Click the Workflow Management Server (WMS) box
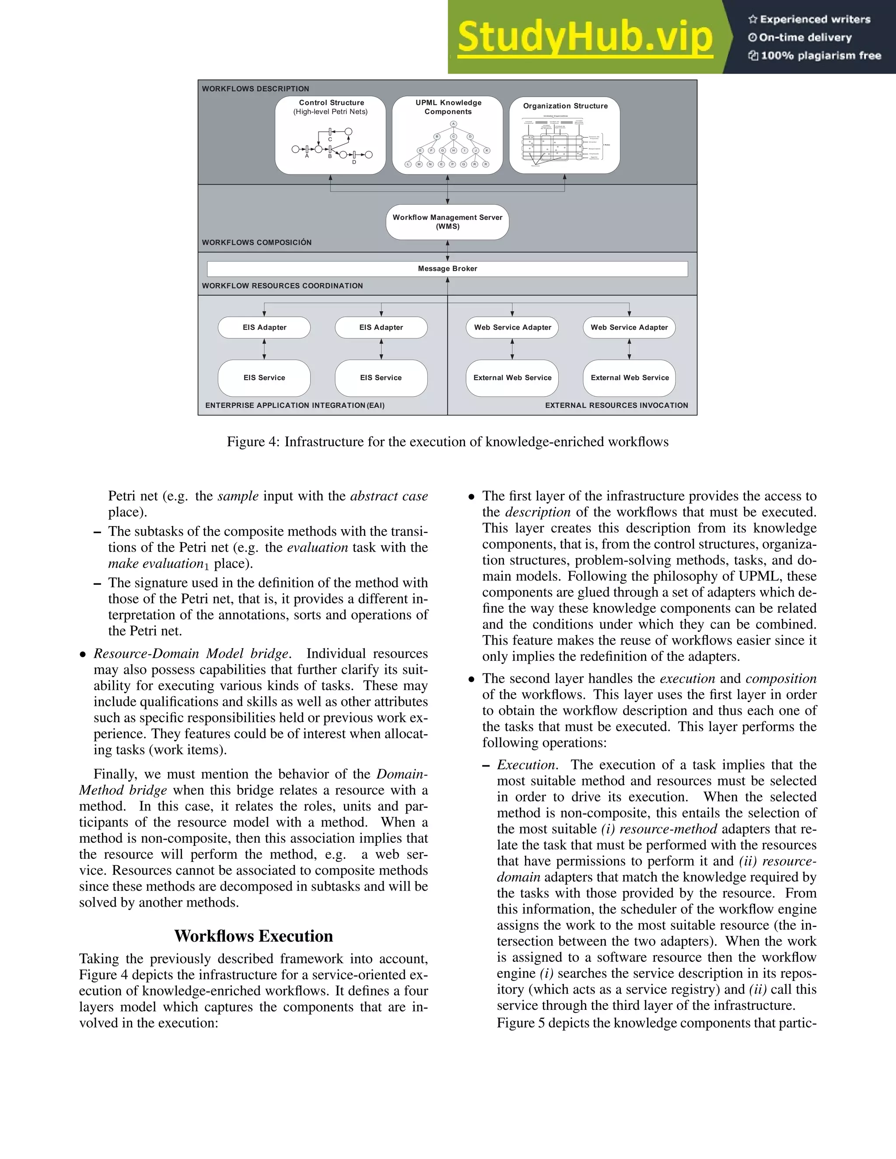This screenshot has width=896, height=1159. [448, 222]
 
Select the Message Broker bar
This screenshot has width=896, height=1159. [448, 269]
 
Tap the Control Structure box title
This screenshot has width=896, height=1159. [331, 103]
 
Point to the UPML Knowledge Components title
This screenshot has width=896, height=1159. [448, 107]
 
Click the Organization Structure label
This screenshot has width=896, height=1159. [565, 106]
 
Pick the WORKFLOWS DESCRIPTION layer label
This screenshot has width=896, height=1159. [255, 89]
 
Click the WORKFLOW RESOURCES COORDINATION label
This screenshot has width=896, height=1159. [282, 286]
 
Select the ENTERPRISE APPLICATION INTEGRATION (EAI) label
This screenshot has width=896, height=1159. [294, 405]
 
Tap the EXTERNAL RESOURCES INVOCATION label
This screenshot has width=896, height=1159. [616, 405]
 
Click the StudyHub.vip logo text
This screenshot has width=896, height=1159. [584, 37]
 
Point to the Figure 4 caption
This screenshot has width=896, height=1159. [448, 442]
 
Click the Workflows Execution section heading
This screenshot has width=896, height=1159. [254, 936]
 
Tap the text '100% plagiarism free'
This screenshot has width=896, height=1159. [821, 56]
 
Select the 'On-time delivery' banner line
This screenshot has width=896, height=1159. [805, 37]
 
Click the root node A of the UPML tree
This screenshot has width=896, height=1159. [453, 124]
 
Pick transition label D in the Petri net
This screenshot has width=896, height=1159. [354, 162]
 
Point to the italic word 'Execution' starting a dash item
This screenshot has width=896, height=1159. [526, 765]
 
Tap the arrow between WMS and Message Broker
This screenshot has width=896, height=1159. [448, 250]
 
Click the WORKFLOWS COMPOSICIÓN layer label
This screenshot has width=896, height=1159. [256, 243]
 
